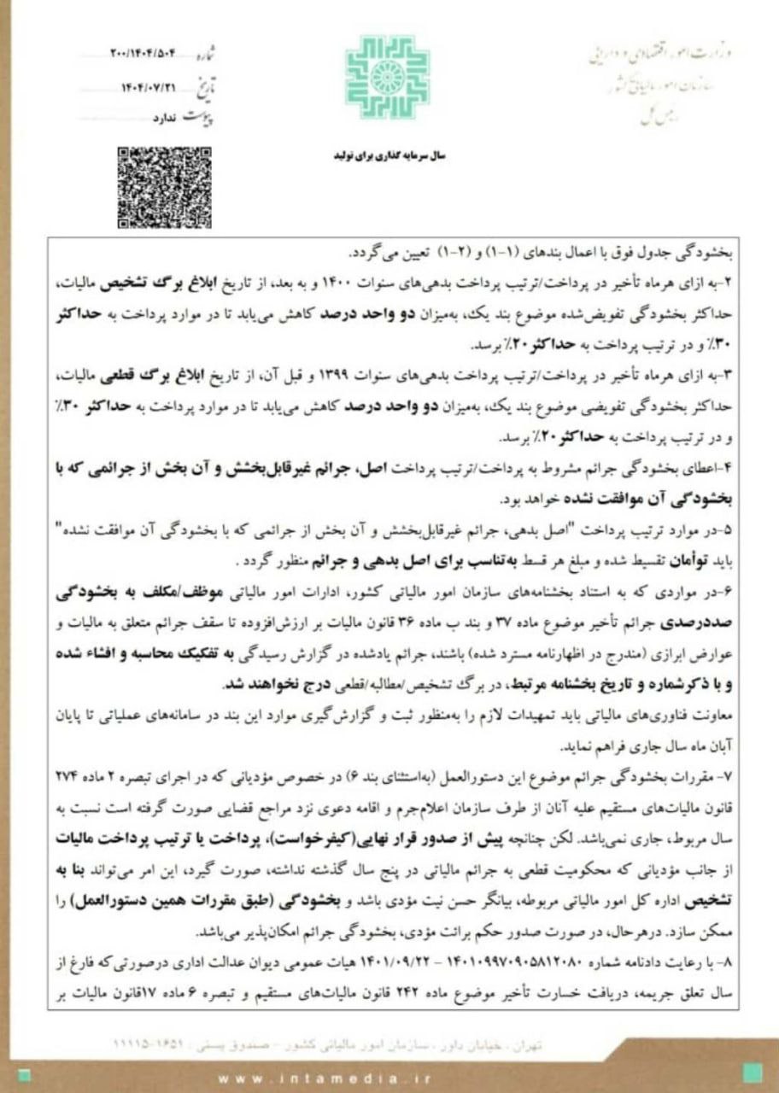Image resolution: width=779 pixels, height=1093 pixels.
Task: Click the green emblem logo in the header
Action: [x=387, y=78]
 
